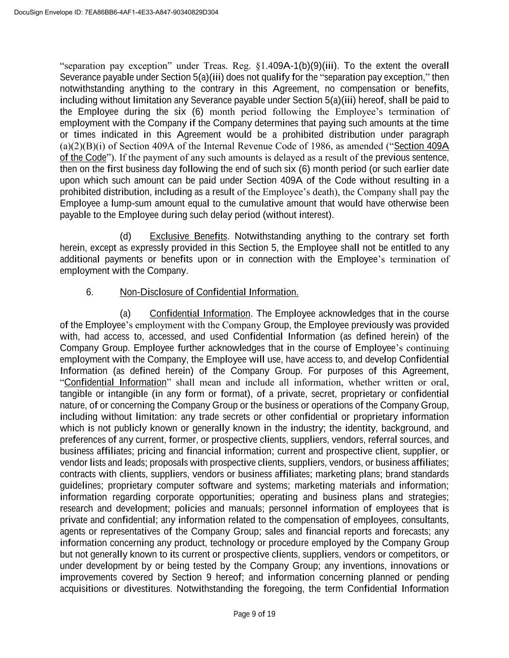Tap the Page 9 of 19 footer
pyautogui.click(x=254, y=614)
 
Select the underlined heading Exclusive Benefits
pyautogui.click(x=188, y=236)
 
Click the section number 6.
pyautogui.click(x=90, y=292)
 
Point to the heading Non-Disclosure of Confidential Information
pyautogui.click(x=209, y=292)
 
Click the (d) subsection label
pyautogui.click(x=125, y=236)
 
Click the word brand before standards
pyautogui.click(x=396, y=474)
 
